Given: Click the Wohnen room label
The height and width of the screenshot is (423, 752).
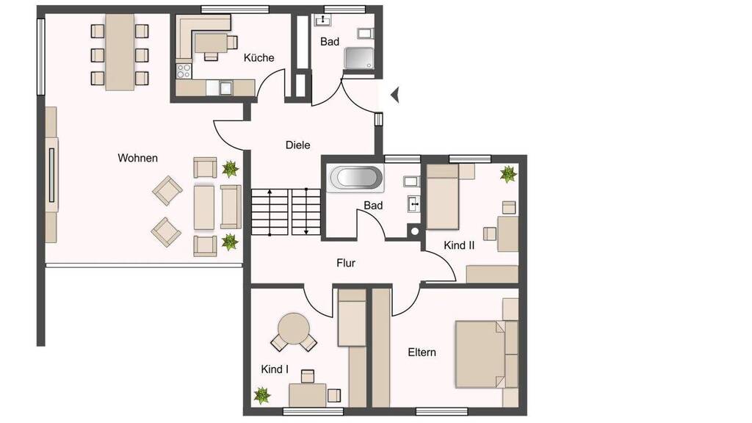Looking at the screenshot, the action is (x=137, y=158).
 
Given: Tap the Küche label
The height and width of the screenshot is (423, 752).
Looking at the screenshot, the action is (x=259, y=57).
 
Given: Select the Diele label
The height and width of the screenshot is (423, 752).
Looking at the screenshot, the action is (x=298, y=145).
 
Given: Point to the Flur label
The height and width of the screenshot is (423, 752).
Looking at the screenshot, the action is (x=346, y=263).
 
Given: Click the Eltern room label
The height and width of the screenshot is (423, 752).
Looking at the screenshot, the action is (x=422, y=352).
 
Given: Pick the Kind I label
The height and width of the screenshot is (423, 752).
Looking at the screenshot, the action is (x=275, y=369).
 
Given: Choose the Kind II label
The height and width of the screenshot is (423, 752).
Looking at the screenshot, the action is (x=459, y=245).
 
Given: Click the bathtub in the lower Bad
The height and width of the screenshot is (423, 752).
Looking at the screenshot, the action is (x=355, y=178).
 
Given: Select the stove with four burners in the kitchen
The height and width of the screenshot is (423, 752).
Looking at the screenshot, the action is (x=184, y=70).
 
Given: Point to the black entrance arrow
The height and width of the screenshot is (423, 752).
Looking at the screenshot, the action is (x=394, y=95).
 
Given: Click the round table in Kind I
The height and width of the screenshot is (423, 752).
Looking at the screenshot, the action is (x=293, y=328).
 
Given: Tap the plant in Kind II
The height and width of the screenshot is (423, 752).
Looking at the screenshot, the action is (x=508, y=173).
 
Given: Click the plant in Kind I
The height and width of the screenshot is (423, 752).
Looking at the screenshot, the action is (x=262, y=396).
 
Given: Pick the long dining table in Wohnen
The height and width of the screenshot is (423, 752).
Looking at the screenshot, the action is (x=120, y=52).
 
